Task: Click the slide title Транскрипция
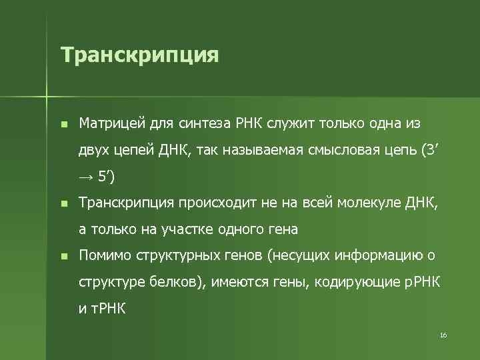click(139, 55)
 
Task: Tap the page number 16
click(443, 334)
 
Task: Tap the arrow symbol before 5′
click(86, 177)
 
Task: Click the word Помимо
click(105, 256)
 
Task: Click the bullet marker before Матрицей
click(63, 124)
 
